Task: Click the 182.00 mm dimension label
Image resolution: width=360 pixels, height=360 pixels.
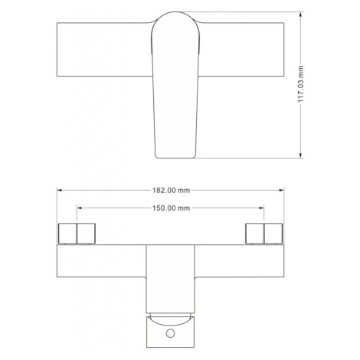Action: click(x=171, y=190)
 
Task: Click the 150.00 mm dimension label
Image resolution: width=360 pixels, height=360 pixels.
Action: click(x=171, y=208)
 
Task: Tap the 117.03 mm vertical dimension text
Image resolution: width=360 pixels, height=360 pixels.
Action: click(x=301, y=84)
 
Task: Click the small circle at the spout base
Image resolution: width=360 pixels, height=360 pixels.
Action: click(x=170, y=333)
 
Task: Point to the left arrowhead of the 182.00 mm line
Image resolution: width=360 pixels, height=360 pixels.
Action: click(x=60, y=190)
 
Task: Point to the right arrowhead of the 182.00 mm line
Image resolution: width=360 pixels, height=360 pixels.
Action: click(x=281, y=190)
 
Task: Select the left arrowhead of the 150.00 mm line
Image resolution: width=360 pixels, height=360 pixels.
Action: click(x=80, y=208)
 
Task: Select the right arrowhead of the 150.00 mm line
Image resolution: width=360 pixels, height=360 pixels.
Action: click(x=261, y=208)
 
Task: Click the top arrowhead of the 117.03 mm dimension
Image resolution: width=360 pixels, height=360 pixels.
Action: click(x=300, y=15)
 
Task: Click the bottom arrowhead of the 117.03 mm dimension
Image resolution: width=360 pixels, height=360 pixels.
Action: click(x=300, y=155)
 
